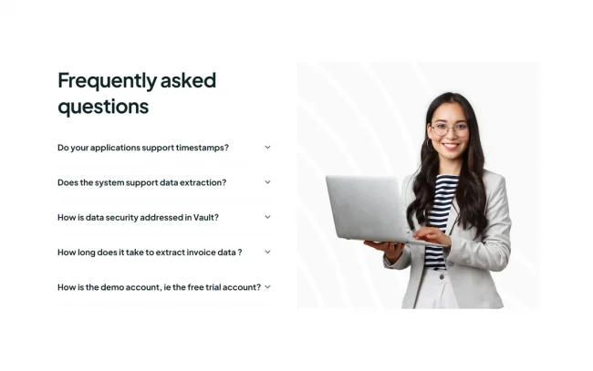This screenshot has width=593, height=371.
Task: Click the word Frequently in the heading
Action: [x=107, y=81]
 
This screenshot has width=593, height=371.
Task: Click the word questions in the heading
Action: [x=103, y=107]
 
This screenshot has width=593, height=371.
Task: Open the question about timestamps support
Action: [x=143, y=148]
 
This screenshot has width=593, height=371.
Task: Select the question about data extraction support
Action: [x=141, y=182]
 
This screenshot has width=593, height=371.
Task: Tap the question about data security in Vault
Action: [x=138, y=218]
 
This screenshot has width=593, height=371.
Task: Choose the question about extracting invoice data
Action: [x=150, y=252]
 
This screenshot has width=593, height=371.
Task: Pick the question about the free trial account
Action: [x=160, y=287]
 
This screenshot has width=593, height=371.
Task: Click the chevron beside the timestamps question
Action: [x=267, y=148]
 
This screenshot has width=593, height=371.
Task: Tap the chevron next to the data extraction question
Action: [x=267, y=182]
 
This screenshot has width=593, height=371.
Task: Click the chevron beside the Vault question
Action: [x=267, y=217]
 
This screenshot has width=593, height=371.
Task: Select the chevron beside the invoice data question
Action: [x=267, y=252]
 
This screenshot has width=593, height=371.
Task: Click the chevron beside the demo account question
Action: [x=267, y=287]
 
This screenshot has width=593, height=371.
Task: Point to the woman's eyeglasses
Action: [x=450, y=130]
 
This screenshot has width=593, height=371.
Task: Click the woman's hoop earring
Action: [x=430, y=145]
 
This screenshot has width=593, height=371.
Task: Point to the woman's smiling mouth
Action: [x=452, y=146]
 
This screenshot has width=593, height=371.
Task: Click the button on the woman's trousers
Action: [x=441, y=277]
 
